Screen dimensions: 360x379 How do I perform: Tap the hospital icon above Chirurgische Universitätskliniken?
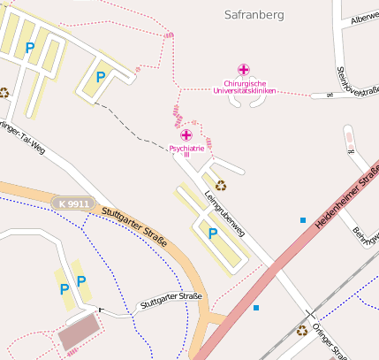click(x=244, y=69)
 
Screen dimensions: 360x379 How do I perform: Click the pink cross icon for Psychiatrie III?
click(x=186, y=134)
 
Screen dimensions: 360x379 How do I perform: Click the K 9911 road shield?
click(x=71, y=204)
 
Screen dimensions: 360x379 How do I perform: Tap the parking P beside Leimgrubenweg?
click(x=212, y=234)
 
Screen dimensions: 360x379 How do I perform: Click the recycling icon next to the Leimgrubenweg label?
click(x=220, y=186)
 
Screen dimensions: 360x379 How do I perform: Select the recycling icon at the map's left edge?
click(x=4, y=91)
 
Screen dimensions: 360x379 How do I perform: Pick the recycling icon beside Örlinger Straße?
click(x=302, y=331)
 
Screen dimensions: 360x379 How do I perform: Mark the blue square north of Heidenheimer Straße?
click(x=303, y=219)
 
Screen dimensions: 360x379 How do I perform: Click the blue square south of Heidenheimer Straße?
click(x=256, y=308)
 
